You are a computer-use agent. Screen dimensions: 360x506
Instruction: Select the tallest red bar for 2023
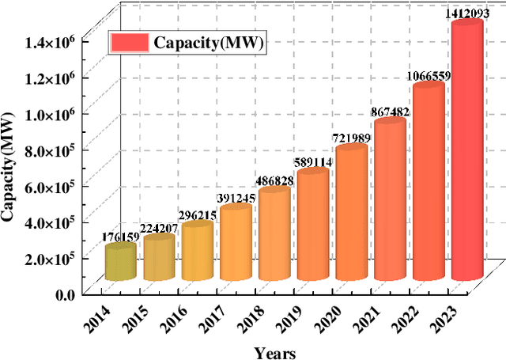pyautogui.click(x=466, y=150)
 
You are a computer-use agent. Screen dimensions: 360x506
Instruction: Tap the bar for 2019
pyautogui.click(x=312, y=225)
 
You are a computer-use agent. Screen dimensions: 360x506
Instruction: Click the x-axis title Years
pyautogui.click(x=275, y=352)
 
